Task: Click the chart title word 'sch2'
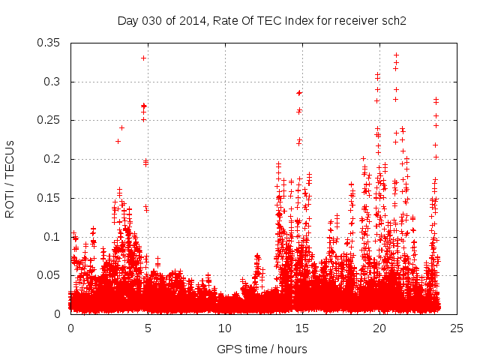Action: [x=393, y=20]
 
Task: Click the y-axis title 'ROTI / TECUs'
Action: [x=10, y=178]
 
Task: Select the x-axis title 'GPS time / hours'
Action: [x=262, y=349]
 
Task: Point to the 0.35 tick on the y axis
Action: [x=50, y=43]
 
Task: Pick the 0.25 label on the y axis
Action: [x=50, y=120]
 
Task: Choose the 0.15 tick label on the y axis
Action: [x=50, y=198]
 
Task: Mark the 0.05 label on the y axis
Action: [x=50, y=275]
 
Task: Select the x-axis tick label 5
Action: [x=148, y=328]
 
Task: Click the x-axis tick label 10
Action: [x=225, y=328]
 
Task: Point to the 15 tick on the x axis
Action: [x=302, y=328]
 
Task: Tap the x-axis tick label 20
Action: [x=379, y=328]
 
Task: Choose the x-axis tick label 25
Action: [x=457, y=328]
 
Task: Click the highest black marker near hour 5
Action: [x=143, y=58]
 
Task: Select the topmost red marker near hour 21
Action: [x=396, y=55]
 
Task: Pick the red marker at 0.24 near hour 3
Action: [x=121, y=127]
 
